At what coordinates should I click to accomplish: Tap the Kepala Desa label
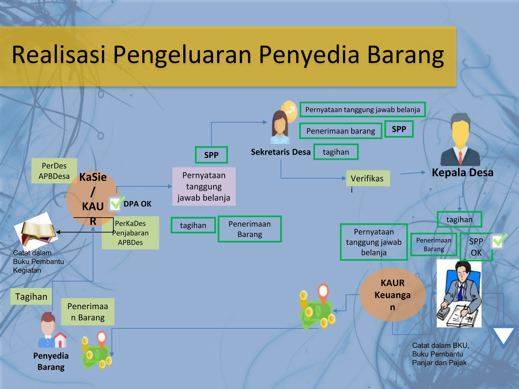pyautogui.click(x=462, y=173)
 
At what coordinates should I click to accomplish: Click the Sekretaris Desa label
pyautogui.click(x=281, y=152)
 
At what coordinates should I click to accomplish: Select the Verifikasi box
pyautogui.click(x=367, y=179)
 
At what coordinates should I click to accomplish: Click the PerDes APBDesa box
pyautogui.click(x=54, y=171)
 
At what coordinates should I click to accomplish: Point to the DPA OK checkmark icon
pyautogui.click(x=116, y=204)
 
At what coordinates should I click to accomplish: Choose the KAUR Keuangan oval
pyautogui.click(x=392, y=295)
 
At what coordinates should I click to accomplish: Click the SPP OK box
pyautogui.click(x=476, y=247)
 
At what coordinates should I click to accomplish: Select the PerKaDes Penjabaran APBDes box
pyautogui.click(x=130, y=233)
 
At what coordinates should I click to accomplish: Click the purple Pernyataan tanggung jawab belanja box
pyautogui.click(x=204, y=186)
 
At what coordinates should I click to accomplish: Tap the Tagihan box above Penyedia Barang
pyautogui.click(x=31, y=297)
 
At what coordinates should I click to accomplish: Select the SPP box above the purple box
pyautogui.click(x=211, y=155)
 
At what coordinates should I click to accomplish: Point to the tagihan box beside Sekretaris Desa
pyautogui.click(x=336, y=152)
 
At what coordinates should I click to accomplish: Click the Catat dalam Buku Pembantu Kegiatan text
pyautogui.click(x=38, y=261)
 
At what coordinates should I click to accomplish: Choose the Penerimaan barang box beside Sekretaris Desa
pyautogui.click(x=340, y=131)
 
